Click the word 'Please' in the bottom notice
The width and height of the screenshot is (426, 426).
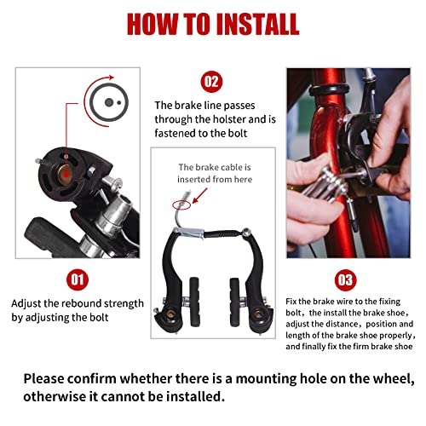(48, 378)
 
